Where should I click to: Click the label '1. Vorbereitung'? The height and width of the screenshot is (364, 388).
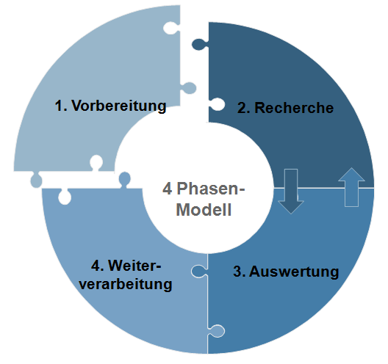(x=110, y=106)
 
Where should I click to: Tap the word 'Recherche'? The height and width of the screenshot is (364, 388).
(x=294, y=108)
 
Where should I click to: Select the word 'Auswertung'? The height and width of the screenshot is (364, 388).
(x=294, y=272)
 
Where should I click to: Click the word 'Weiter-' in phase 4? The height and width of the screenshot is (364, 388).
(x=134, y=266)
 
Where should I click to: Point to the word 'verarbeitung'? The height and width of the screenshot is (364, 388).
(x=126, y=284)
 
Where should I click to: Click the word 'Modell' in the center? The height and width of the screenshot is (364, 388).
(x=204, y=210)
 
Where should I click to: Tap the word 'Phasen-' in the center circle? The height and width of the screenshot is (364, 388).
(x=211, y=189)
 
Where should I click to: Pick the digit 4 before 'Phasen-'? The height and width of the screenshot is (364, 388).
(x=168, y=189)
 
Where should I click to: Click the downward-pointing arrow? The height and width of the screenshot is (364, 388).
(x=291, y=192)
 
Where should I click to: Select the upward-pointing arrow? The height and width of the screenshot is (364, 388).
(x=351, y=187)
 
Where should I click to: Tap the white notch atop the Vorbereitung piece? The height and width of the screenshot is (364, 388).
(x=171, y=28)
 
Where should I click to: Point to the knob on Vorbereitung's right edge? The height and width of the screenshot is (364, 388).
(x=189, y=88)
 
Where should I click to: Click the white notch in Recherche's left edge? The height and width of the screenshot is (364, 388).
(x=217, y=104)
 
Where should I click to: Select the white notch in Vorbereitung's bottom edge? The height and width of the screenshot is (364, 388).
(x=96, y=163)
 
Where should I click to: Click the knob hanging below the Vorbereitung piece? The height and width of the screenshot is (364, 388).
(x=36, y=179)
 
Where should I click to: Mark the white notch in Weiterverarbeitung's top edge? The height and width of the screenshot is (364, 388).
(x=65, y=197)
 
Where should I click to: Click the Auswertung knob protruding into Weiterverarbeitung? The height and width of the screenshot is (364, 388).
(x=199, y=272)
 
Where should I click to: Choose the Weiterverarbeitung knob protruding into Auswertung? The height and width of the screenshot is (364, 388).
(x=216, y=331)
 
